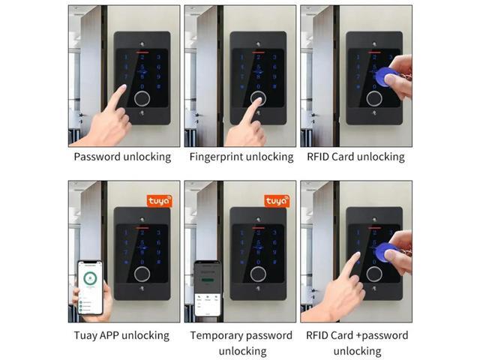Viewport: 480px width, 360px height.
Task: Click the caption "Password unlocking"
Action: [122, 157]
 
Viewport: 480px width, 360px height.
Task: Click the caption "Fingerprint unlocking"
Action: [241, 157]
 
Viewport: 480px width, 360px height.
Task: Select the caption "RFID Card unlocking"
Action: [355, 157]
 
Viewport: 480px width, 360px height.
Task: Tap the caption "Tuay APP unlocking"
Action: [122, 335]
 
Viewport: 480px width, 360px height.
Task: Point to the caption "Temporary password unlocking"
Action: [241, 343]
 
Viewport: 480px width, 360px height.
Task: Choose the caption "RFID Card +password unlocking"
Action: [357, 343]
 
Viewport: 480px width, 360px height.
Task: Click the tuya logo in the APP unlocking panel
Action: [158, 201]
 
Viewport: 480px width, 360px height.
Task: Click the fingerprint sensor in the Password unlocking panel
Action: [142, 98]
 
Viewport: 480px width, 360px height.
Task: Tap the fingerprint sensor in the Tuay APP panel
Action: [142, 274]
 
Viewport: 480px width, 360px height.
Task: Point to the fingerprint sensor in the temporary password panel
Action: [258, 274]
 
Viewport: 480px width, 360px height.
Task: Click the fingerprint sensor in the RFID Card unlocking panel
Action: [374, 98]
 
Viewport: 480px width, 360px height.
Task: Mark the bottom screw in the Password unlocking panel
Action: [142, 115]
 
